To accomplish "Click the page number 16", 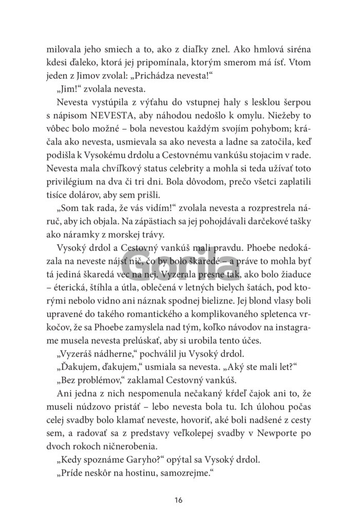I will [x=178, y=499].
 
